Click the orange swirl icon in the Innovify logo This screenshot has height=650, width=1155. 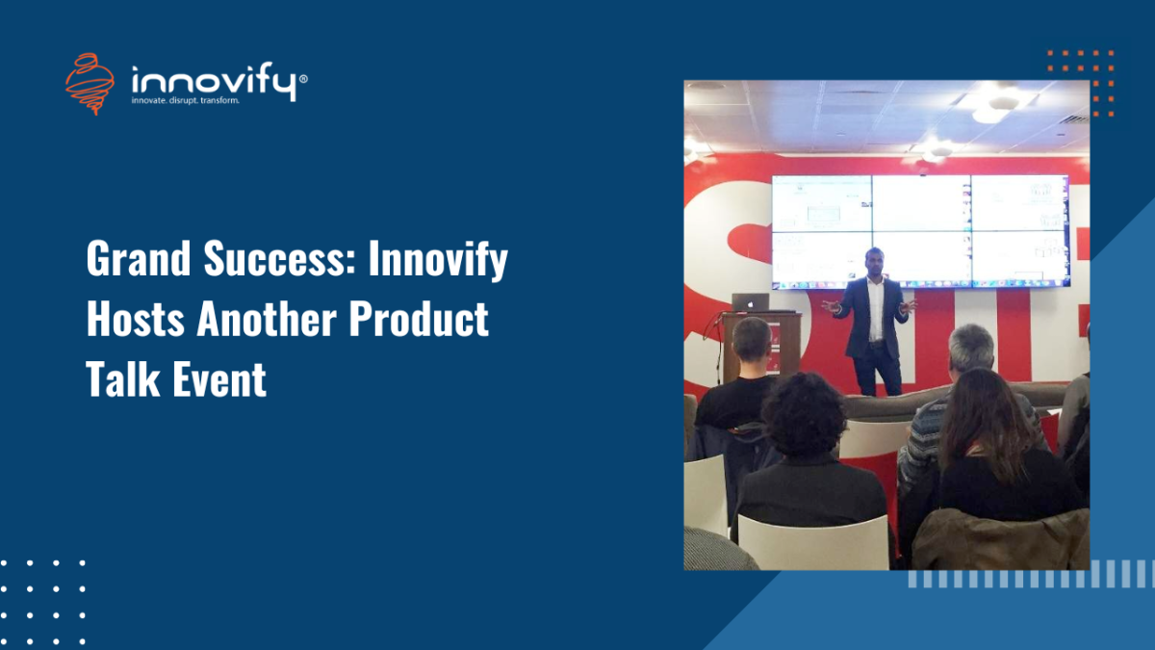[x=90, y=84]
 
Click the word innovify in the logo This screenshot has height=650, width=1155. [x=214, y=81]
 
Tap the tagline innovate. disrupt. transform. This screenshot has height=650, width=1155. [x=185, y=100]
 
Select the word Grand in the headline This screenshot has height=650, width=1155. [x=139, y=258]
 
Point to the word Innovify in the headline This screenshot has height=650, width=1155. [x=438, y=261]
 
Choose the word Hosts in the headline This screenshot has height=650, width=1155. [x=135, y=319]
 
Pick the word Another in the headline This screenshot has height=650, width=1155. [x=266, y=319]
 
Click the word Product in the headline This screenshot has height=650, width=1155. [x=418, y=319]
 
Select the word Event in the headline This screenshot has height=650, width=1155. [x=219, y=378]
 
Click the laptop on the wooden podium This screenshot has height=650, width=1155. [x=750, y=302]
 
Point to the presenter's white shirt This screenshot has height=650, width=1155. [x=875, y=310]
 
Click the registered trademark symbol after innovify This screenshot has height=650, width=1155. [x=303, y=79]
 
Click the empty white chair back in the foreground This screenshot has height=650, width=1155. [x=812, y=543]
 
